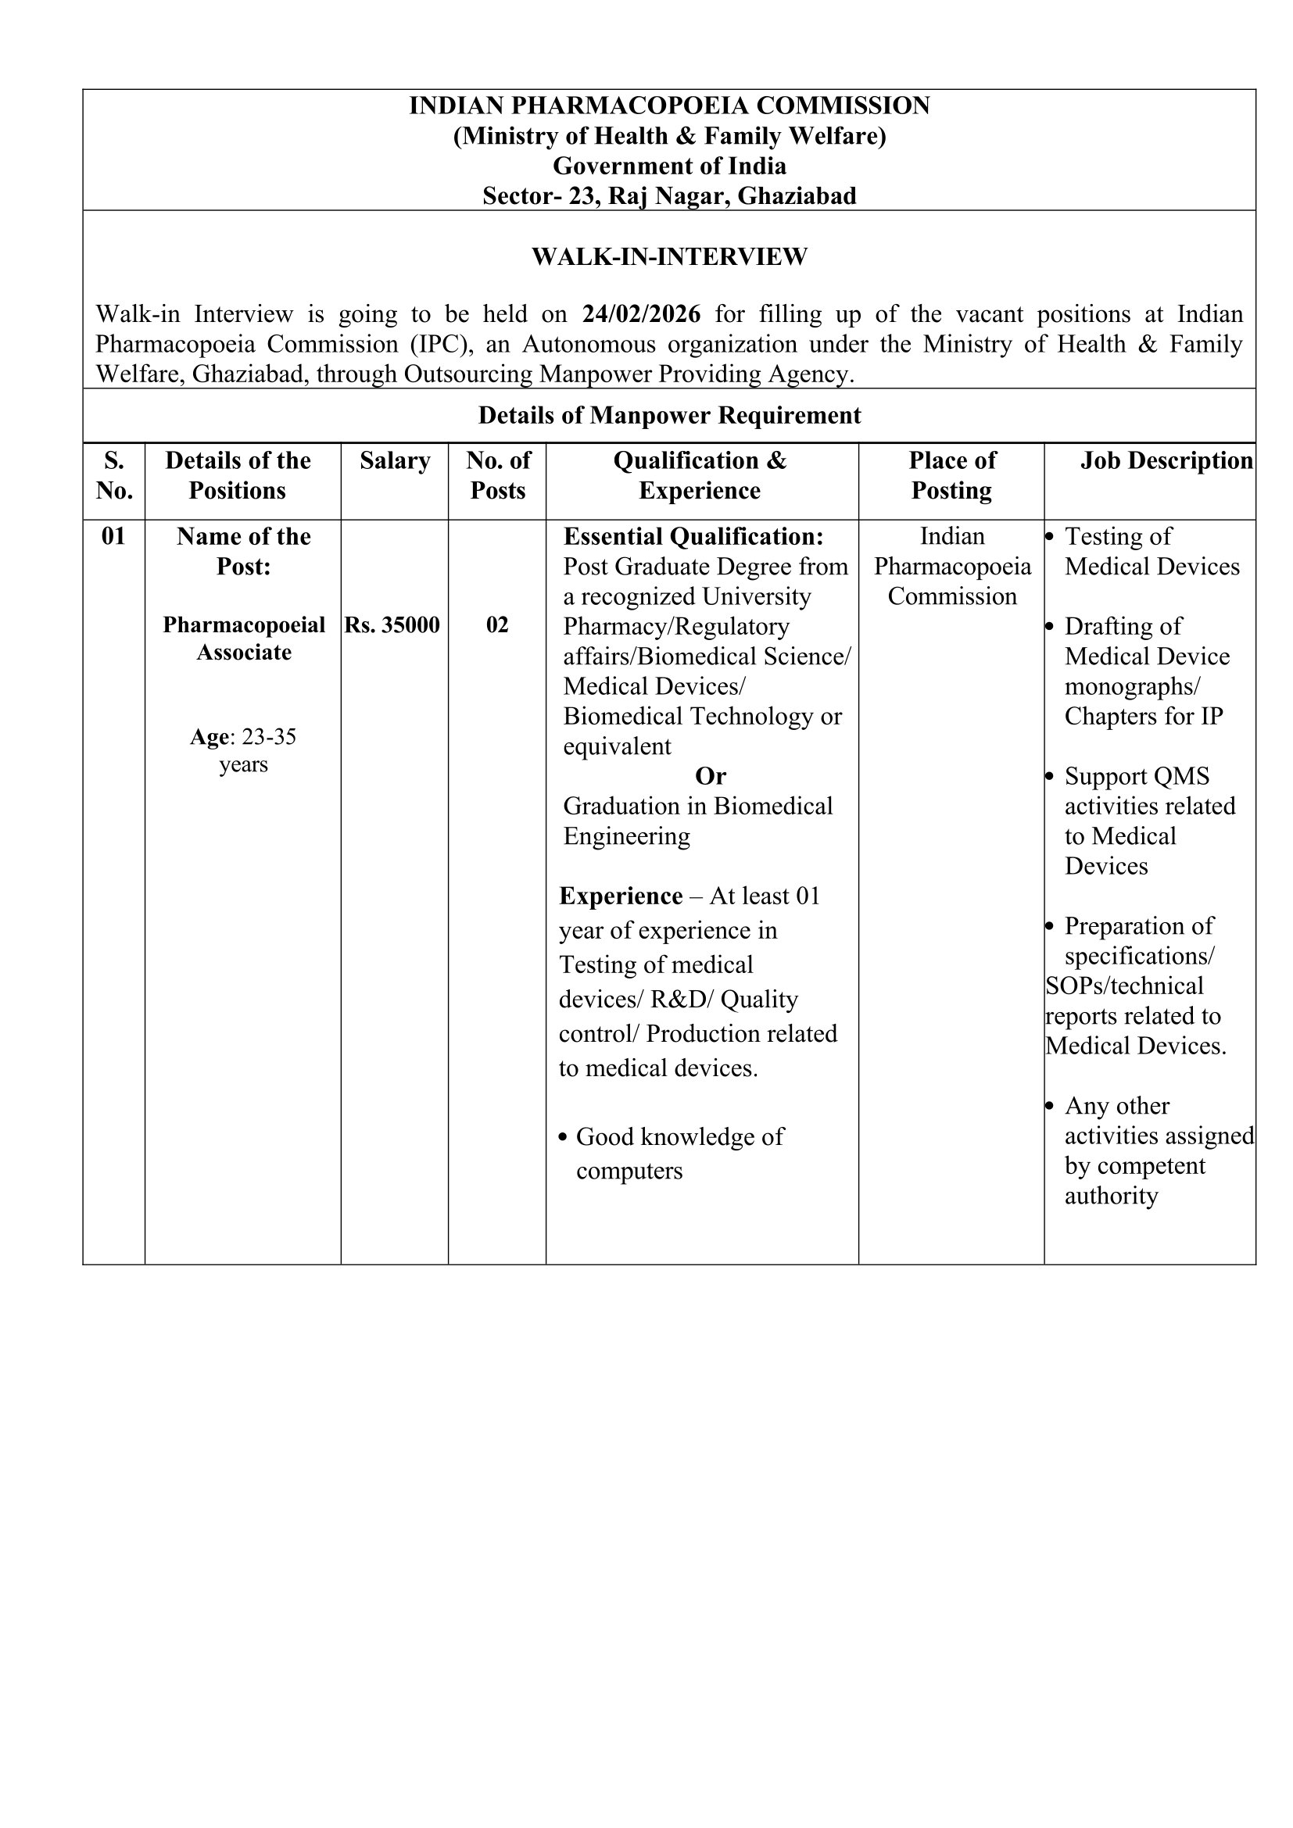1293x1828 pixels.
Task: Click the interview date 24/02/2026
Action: (641, 314)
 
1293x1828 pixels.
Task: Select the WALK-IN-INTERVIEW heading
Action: (669, 257)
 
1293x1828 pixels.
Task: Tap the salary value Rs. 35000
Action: (392, 625)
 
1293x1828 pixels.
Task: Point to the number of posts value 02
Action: (497, 625)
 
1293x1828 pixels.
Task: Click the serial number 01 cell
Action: (114, 537)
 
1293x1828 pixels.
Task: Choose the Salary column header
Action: (394, 461)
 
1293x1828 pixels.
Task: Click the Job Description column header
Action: (1166, 461)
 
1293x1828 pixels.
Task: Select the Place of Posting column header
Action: (951, 475)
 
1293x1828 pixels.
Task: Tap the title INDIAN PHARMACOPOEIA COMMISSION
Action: (669, 106)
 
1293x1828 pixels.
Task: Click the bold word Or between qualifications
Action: (710, 776)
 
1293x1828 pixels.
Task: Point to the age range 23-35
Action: (268, 737)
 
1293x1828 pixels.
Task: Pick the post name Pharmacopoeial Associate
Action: (244, 639)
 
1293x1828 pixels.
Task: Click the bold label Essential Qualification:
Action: (693, 537)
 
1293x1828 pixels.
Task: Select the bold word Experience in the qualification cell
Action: (620, 896)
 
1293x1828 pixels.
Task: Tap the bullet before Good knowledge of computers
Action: (564, 1138)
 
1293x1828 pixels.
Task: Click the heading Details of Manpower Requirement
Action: (669, 416)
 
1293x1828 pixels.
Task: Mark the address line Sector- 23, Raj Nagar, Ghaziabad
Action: (669, 196)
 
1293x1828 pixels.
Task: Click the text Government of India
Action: (669, 166)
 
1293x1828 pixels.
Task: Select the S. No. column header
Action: (114, 475)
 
